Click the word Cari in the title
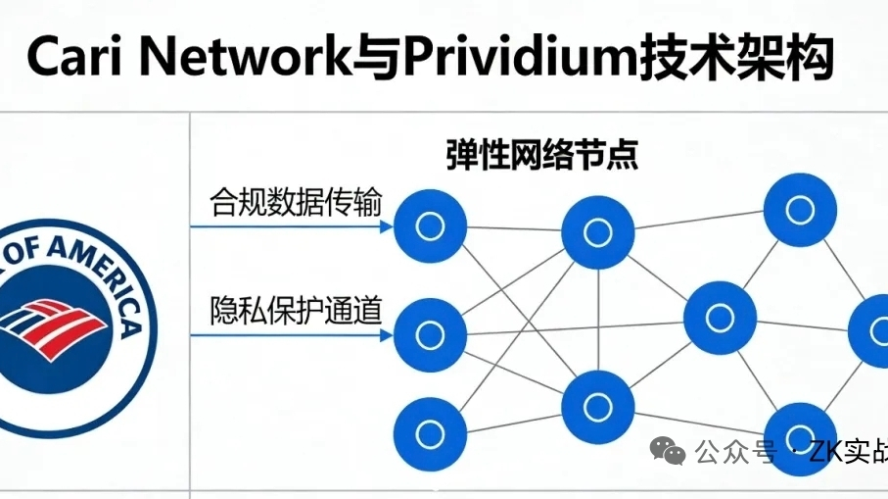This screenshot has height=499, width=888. [73, 58]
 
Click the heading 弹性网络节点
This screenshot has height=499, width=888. [541, 157]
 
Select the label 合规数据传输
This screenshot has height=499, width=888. [296, 203]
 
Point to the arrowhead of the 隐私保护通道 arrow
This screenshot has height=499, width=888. [385, 335]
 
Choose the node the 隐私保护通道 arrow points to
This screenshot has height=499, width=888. [429, 335]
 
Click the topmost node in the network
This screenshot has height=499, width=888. [800, 208]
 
